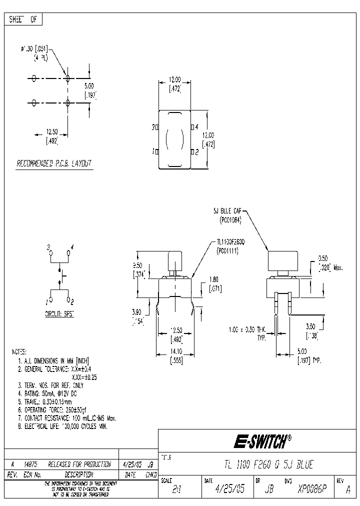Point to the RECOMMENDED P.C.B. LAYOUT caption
point(54,163)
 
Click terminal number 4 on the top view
point(196,127)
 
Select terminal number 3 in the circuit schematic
point(49,247)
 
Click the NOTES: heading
point(19,352)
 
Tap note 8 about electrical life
point(62,426)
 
